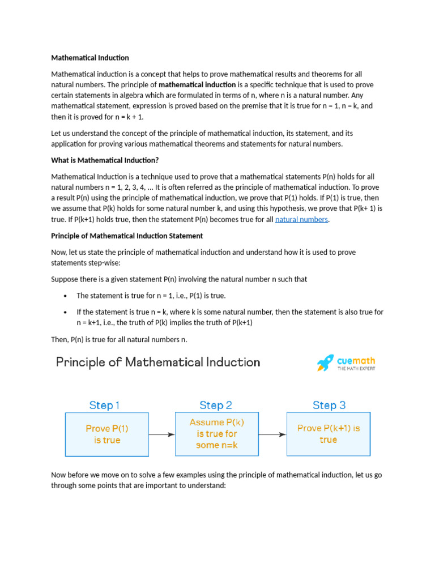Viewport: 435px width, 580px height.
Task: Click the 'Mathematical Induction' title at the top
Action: (90, 58)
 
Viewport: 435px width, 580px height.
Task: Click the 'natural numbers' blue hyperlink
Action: (301, 219)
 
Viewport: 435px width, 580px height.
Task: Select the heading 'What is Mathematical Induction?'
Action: (105, 160)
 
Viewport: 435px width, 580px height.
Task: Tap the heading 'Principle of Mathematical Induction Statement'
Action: (127, 236)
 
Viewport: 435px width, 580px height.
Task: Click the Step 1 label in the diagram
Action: (105, 406)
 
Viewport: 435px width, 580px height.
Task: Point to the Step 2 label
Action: (215, 406)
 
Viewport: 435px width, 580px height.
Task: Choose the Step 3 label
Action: (329, 406)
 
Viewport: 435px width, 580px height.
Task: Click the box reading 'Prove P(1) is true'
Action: (107, 434)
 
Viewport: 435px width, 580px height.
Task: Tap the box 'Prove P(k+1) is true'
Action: (329, 434)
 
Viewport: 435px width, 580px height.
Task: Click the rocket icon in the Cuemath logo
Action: (325, 363)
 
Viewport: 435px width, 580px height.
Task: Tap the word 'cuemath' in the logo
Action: (356, 360)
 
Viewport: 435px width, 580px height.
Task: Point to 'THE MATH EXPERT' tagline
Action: (356, 369)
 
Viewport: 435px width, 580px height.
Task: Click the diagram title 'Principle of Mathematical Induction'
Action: (158, 362)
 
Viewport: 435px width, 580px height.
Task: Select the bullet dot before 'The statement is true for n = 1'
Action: (66, 296)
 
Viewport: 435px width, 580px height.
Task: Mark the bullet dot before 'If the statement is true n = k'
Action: (66, 313)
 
